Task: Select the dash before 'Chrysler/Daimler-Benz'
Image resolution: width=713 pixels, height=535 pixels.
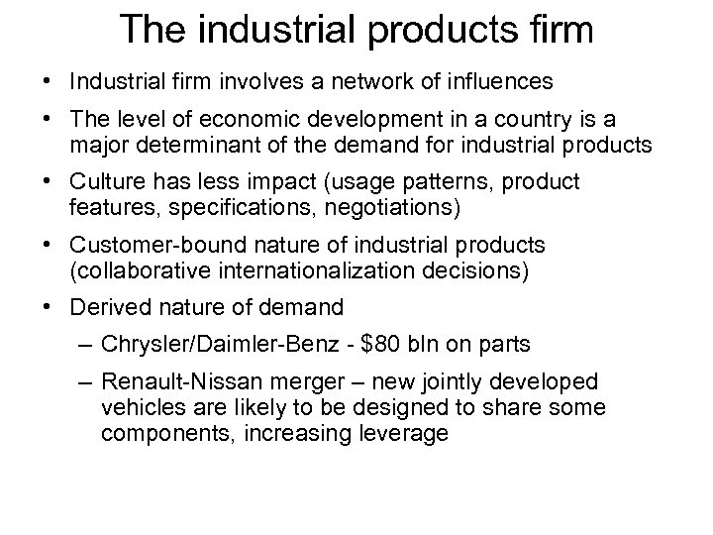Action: pyautogui.click(x=85, y=346)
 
